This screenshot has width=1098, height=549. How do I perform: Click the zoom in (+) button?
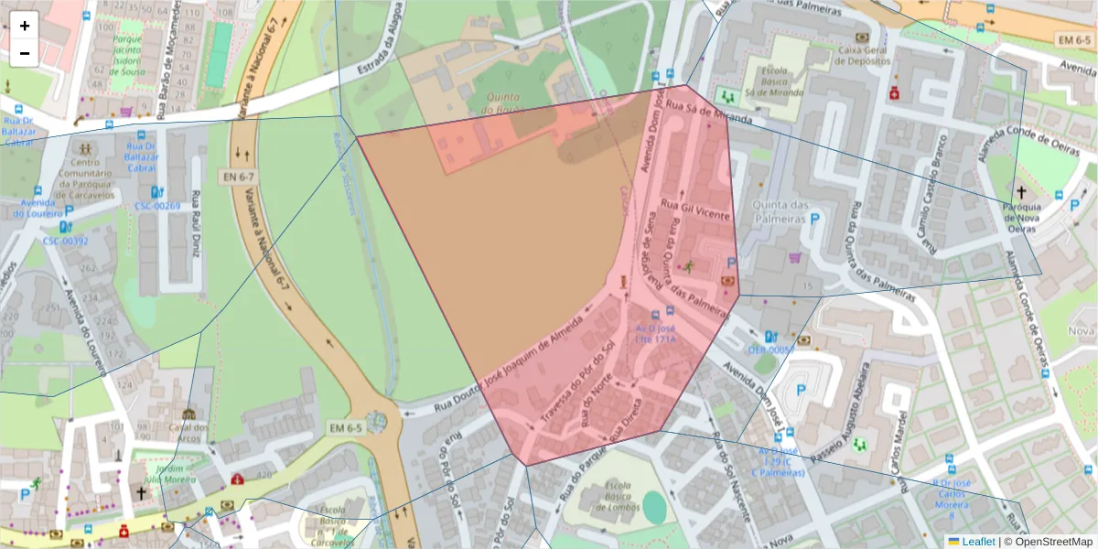(x=25, y=26)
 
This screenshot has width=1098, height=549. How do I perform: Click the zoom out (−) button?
(x=25, y=53)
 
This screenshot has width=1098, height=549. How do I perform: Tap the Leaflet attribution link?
(x=977, y=542)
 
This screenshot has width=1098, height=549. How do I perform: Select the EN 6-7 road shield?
(x=239, y=176)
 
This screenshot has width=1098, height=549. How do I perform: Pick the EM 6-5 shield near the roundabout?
(x=347, y=428)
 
